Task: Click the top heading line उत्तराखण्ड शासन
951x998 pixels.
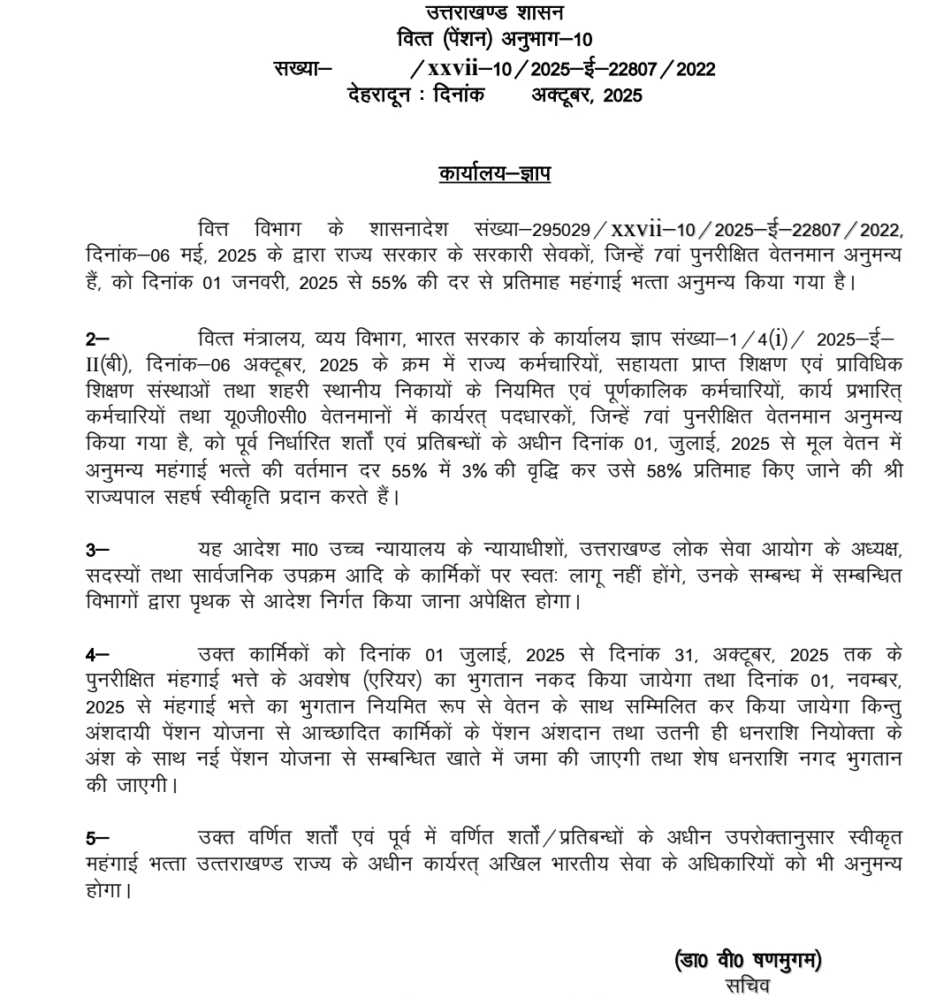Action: coord(494,12)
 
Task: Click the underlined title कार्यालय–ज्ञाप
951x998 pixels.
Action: coord(494,174)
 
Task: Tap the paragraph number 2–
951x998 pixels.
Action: coord(97,340)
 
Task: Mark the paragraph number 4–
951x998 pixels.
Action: coord(97,655)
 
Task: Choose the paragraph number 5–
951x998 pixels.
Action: coord(97,837)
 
